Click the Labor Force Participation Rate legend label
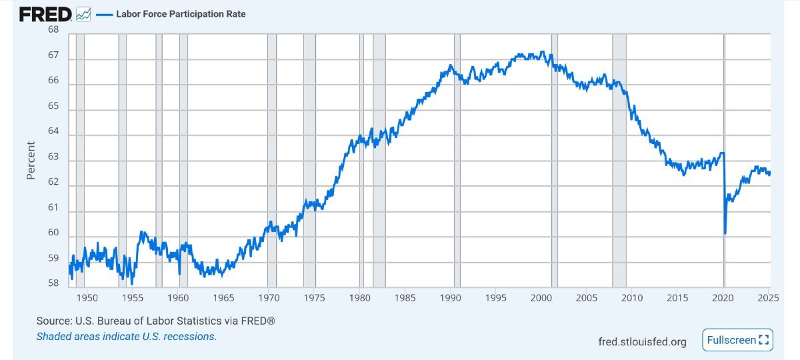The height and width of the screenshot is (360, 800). tap(181, 14)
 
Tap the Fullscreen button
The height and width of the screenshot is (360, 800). tap(737, 340)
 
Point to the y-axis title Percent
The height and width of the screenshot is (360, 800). tap(31, 160)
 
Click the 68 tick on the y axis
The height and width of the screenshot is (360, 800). tap(53, 30)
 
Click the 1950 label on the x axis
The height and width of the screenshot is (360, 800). tap(87, 297)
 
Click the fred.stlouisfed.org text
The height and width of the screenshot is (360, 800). tap(643, 342)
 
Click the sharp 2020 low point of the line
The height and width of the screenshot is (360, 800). tap(725, 233)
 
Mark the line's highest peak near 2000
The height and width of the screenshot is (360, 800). tap(543, 52)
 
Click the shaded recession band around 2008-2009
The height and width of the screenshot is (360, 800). tap(619, 160)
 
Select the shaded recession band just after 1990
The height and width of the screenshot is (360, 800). tap(457, 160)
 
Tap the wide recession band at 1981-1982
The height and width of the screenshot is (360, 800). tap(379, 160)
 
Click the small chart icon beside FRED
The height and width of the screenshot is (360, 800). tap(83, 14)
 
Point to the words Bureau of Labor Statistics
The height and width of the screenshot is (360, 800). tap(151, 321)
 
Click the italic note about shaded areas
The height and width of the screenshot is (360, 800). tap(127, 337)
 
